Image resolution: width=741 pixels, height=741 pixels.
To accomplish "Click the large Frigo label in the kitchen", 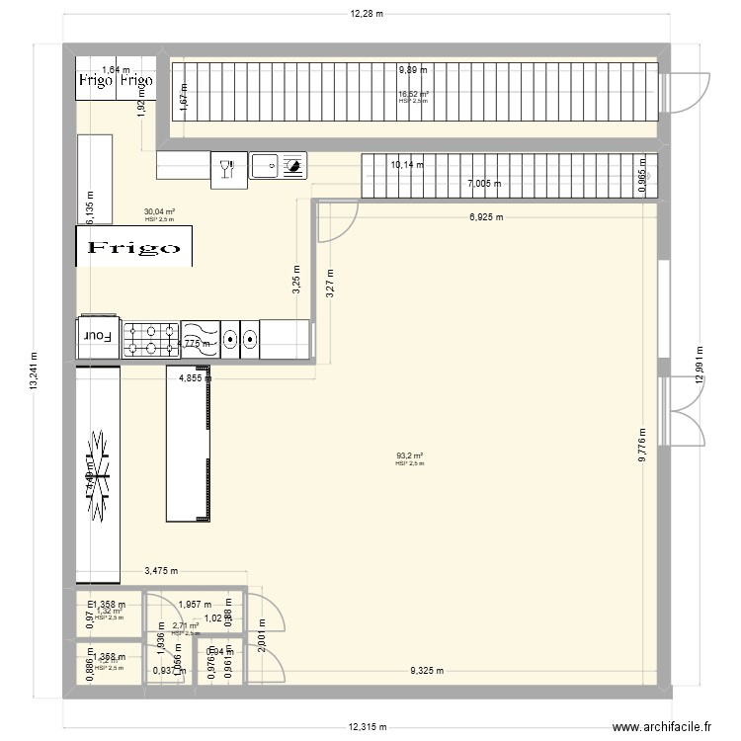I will click(134, 247).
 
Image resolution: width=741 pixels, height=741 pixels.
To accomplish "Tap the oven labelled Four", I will click(98, 336).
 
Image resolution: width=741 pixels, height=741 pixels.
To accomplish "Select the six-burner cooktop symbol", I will click(150, 337).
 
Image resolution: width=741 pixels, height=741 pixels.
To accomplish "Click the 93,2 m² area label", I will click(410, 455).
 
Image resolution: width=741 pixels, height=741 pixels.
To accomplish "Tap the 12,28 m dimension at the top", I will click(366, 14).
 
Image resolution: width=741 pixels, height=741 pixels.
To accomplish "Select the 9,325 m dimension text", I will click(426, 672).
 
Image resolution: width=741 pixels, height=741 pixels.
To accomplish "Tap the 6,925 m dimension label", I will click(485, 217).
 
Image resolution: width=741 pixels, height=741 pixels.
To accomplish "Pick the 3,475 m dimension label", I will click(162, 570).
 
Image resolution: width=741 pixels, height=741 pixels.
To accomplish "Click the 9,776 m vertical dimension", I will click(641, 445).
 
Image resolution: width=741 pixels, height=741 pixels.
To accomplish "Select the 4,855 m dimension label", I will click(195, 377).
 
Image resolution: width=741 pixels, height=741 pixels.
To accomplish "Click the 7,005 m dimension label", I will click(484, 184).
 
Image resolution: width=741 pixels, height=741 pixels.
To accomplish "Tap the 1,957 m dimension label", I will click(196, 604).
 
